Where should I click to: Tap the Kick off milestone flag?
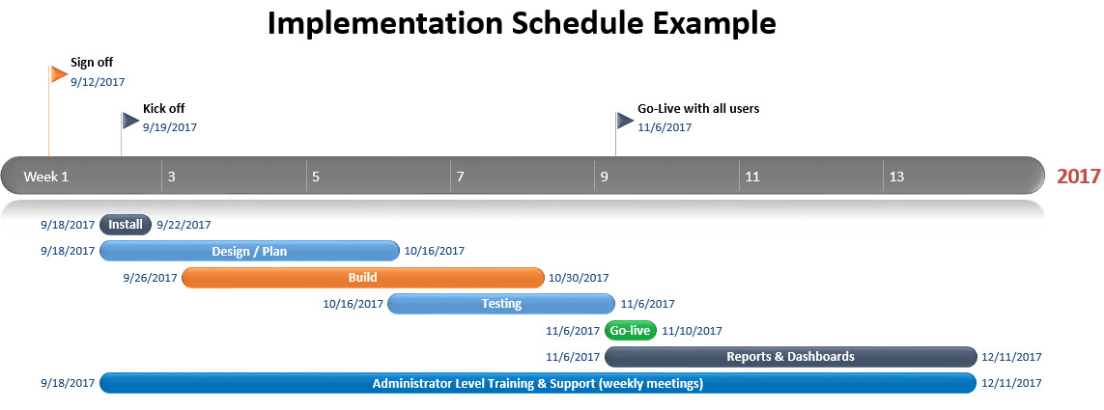(130, 121)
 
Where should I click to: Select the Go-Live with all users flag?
(625, 121)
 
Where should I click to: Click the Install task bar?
(126, 225)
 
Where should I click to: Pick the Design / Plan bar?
(250, 251)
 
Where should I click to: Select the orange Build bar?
(362, 278)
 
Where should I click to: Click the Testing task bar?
(501, 304)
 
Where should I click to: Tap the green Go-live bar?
(630, 331)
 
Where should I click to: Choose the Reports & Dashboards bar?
(791, 357)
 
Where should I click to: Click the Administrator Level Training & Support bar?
(538, 383)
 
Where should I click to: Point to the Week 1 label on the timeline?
(46, 177)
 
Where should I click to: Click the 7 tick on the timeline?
(460, 177)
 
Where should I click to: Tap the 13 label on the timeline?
(896, 177)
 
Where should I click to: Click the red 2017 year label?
(1079, 176)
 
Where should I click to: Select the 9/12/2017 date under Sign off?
(98, 82)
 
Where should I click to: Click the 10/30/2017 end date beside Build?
(579, 278)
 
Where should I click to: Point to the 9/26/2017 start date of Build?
(150, 278)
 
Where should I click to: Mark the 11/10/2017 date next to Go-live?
(693, 331)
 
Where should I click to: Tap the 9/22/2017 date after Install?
(184, 225)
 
